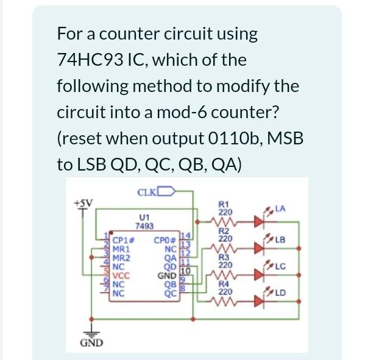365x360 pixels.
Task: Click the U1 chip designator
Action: (x=144, y=216)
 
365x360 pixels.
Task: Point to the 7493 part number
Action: (x=145, y=225)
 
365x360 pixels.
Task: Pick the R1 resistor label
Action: (x=224, y=205)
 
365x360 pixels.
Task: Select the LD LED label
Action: (x=281, y=297)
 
